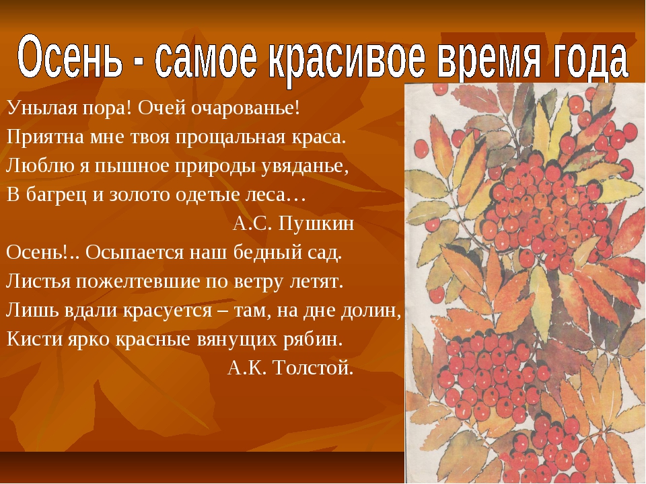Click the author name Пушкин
pos(316,223)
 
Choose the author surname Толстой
pos(313,368)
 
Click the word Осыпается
pos(135,252)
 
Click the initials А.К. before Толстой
pos(247,368)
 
